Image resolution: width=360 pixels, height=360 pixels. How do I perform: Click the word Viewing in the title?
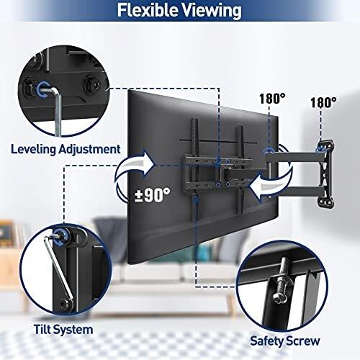tap(212, 11)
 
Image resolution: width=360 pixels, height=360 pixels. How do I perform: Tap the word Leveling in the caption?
tap(33, 149)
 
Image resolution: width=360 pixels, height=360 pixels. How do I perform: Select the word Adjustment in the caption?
tap(89, 149)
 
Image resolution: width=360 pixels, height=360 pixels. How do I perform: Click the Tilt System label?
tap(63, 330)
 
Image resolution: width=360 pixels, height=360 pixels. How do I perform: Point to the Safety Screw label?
tap(285, 341)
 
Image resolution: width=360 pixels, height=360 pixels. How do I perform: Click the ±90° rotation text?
tap(152, 195)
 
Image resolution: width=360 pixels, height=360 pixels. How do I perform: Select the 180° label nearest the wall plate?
tap(323, 102)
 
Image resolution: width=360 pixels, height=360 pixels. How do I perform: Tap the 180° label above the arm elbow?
tap(272, 98)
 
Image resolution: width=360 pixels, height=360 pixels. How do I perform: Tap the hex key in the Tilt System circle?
tap(60, 271)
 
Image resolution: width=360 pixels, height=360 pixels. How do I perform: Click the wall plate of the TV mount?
tap(325, 174)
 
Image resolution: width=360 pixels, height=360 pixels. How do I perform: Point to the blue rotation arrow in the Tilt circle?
tap(60, 236)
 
